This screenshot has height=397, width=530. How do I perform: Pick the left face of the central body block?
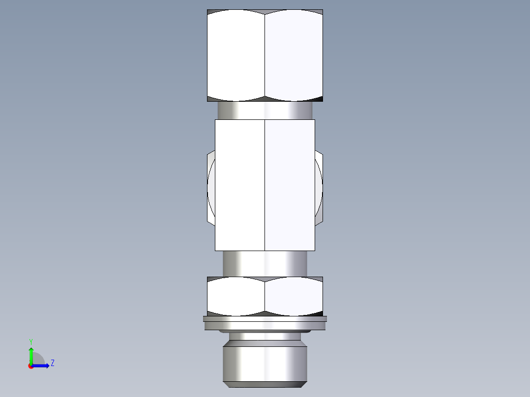pyautogui.click(x=240, y=185)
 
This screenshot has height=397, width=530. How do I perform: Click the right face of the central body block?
pyautogui.click(x=290, y=185)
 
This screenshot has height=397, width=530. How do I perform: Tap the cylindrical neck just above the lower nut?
pyautogui.click(x=265, y=263)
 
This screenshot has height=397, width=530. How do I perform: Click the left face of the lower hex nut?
pyautogui.click(x=236, y=296)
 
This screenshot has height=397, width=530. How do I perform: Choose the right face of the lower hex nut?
pyautogui.click(x=294, y=296)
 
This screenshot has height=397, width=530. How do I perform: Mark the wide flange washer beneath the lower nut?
pyautogui.click(x=265, y=323)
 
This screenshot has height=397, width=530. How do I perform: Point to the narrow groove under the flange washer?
pyautogui.click(x=265, y=337)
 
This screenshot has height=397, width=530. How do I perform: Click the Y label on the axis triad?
pyautogui.click(x=30, y=341)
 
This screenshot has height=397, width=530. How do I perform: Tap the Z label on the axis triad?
pyautogui.click(x=52, y=363)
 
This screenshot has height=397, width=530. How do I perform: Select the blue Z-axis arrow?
pyautogui.click(x=42, y=366)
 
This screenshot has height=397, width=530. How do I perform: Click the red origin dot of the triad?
pyautogui.click(x=30, y=366)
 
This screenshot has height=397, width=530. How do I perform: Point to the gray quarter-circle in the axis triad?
pyautogui.click(x=38, y=359)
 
